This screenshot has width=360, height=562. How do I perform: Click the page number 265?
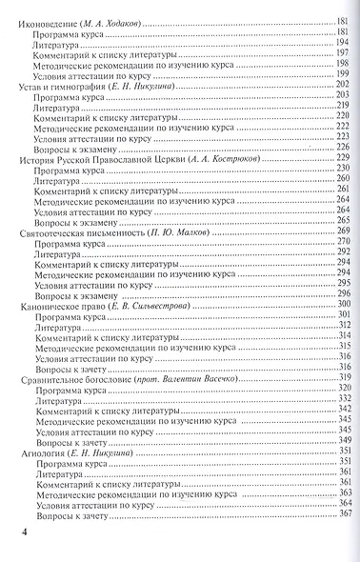click(x=342, y=220)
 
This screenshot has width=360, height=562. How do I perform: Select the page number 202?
click(x=342, y=86)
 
